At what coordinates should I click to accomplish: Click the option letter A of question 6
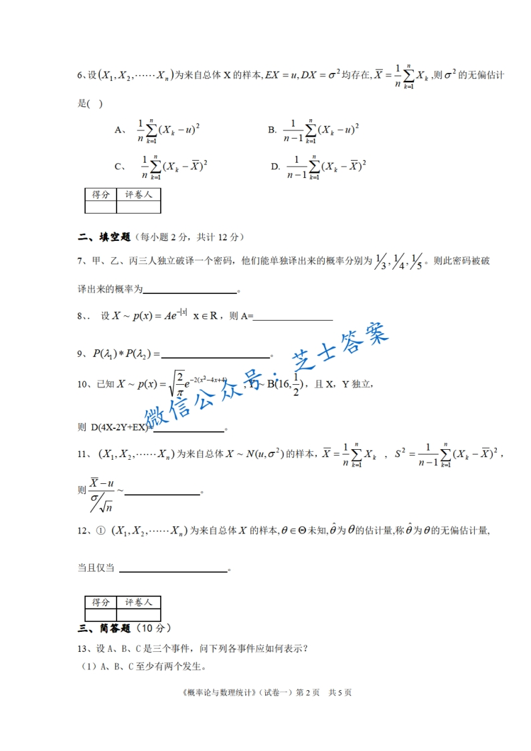coord(118,131)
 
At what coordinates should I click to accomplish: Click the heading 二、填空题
coord(104,237)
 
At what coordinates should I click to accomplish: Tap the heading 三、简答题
coord(104,628)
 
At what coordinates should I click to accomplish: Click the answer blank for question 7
coord(190,289)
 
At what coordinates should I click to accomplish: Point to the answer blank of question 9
coord(215,355)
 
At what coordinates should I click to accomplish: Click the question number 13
coord(84,648)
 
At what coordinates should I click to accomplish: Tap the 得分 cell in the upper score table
coord(100,194)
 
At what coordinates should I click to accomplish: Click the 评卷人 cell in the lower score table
coord(139,602)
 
